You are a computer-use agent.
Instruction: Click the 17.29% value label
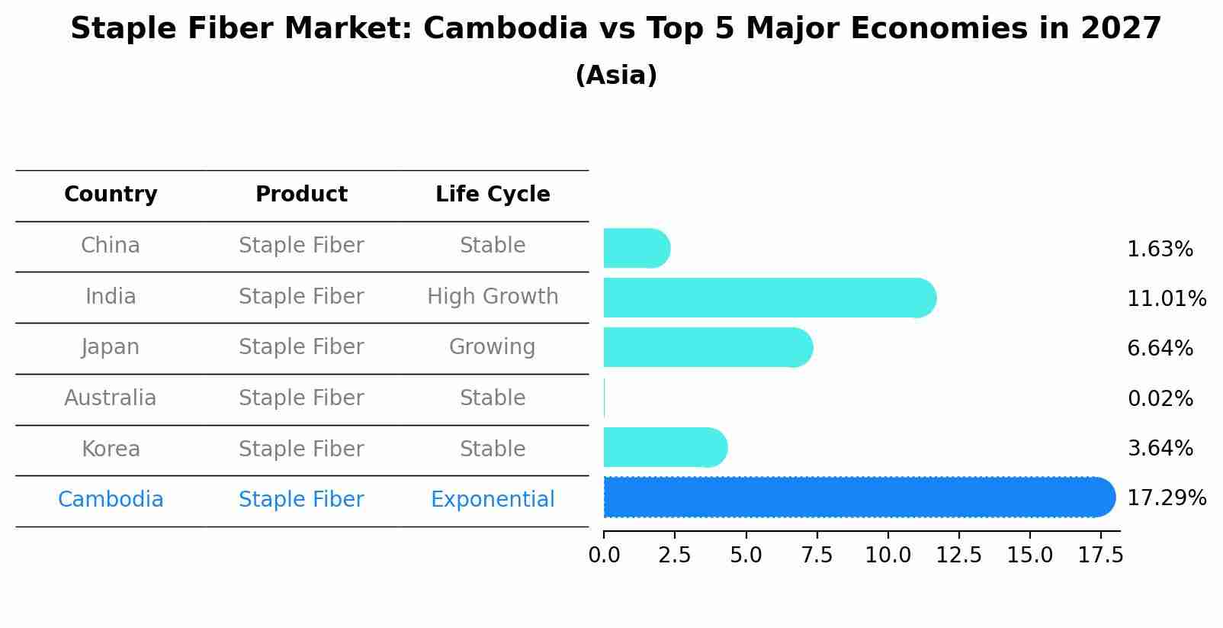[1166, 498]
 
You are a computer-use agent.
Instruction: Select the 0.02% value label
[1160, 398]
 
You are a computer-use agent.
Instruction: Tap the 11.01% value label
[1166, 298]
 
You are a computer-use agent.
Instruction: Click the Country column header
[111, 195]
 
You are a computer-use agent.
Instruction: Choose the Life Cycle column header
[493, 195]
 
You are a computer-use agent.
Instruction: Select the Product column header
[301, 195]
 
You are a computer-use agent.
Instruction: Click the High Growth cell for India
[493, 296]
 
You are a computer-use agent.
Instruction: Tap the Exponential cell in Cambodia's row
[493, 500]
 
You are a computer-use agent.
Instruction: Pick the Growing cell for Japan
[493, 347]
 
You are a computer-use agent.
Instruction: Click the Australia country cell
[111, 398]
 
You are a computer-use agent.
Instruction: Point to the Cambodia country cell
[111, 500]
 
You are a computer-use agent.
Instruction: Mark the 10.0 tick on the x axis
[888, 556]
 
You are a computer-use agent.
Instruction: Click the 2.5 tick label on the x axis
[675, 556]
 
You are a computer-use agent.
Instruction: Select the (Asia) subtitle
[616, 76]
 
